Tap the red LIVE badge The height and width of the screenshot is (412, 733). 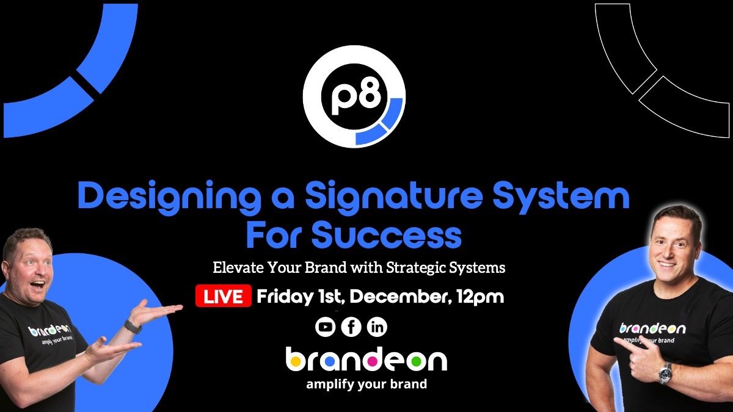point(224,297)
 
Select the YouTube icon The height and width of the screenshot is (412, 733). point(326,328)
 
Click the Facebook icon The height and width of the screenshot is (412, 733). point(351,328)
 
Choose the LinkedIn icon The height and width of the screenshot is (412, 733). point(377,328)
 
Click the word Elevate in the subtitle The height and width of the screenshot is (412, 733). point(236,267)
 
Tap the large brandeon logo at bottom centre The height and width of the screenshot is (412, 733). point(366,360)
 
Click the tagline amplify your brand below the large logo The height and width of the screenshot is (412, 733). point(366,385)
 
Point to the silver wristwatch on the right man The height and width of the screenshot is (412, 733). point(665,372)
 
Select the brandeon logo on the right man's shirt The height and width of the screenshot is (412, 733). point(652,328)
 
